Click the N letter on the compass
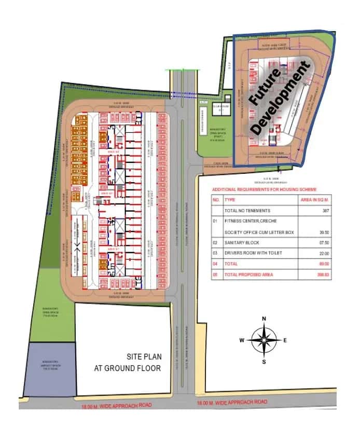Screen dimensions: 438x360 (264, 319)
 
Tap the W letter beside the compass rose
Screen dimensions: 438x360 (242, 340)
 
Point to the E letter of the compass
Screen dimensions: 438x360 (285, 340)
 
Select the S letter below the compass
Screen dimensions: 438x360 (264, 362)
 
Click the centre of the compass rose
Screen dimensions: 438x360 (264, 340)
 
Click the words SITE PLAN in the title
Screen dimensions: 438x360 (144, 357)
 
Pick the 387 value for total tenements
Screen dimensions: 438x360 (325, 210)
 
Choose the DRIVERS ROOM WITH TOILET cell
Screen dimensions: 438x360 (253, 253)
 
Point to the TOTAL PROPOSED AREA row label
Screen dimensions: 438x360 (249, 274)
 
